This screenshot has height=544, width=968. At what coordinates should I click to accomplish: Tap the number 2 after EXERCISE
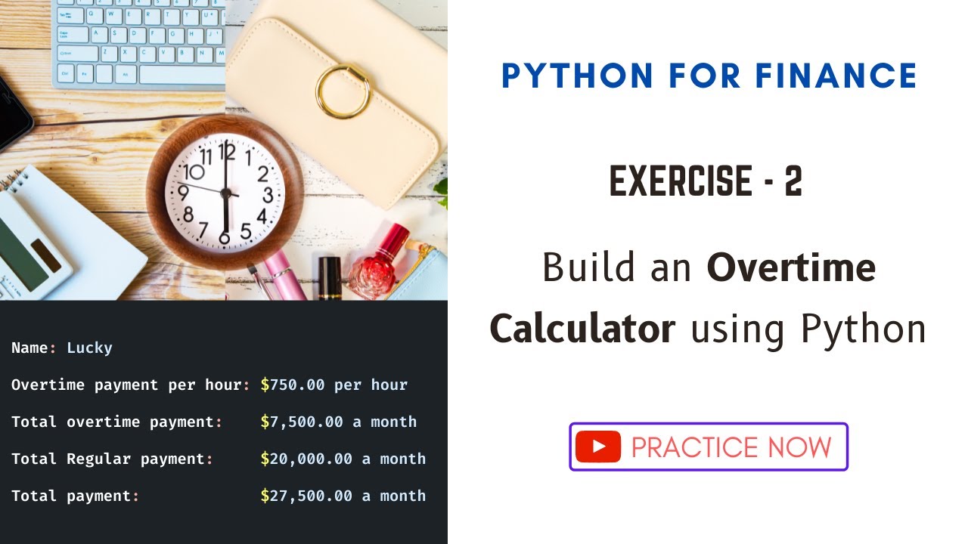tap(793, 183)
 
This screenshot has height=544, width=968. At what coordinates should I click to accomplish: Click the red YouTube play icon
tap(597, 447)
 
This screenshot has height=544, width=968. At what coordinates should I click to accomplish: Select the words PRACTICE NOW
tap(731, 447)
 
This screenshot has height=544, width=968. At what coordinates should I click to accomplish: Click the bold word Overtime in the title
tap(791, 267)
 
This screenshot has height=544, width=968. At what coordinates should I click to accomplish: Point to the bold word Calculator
tap(582, 329)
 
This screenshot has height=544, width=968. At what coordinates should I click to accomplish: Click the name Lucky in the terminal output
tap(89, 348)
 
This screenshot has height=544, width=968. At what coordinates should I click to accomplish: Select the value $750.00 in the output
tap(293, 385)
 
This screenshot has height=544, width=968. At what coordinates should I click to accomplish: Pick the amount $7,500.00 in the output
tap(302, 422)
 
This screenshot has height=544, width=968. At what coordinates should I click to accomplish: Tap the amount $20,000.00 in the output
tap(306, 459)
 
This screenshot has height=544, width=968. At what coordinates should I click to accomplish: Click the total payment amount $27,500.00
tap(306, 496)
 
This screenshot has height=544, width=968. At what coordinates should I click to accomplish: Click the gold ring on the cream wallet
tap(343, 91)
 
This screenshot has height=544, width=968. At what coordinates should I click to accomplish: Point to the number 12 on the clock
tap(226, 152)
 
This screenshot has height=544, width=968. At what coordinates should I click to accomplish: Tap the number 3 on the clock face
tap(268, 195)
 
